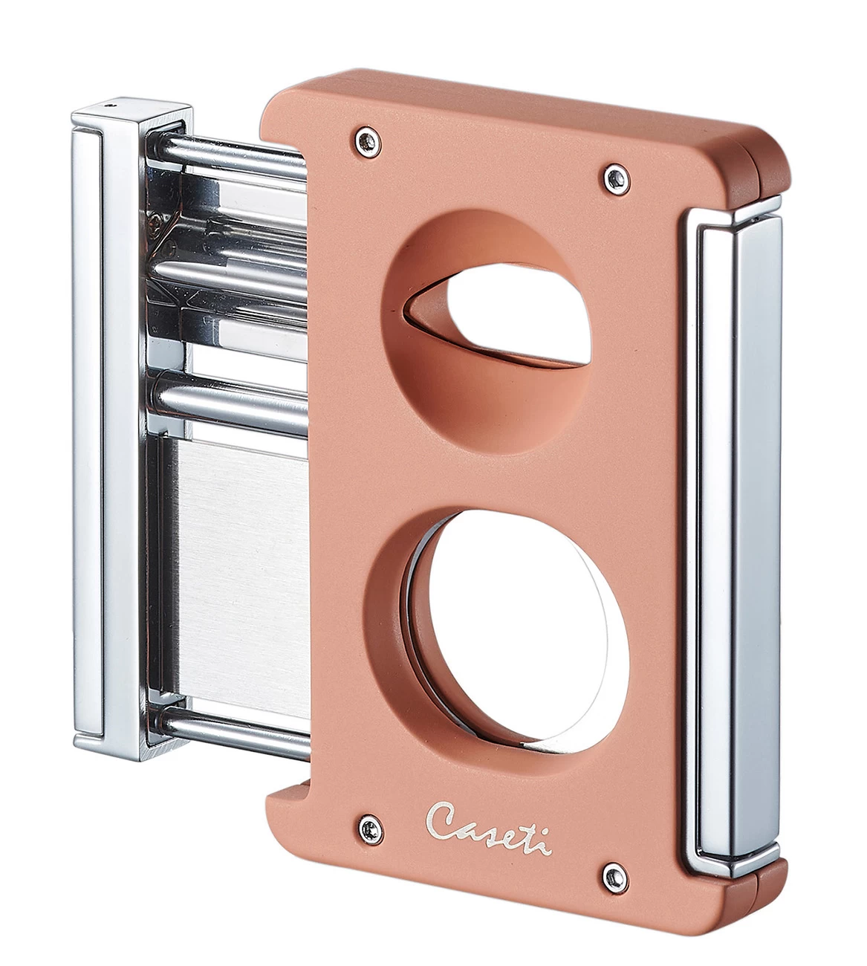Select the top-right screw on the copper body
pyautogui.click(x=613, y=176)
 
